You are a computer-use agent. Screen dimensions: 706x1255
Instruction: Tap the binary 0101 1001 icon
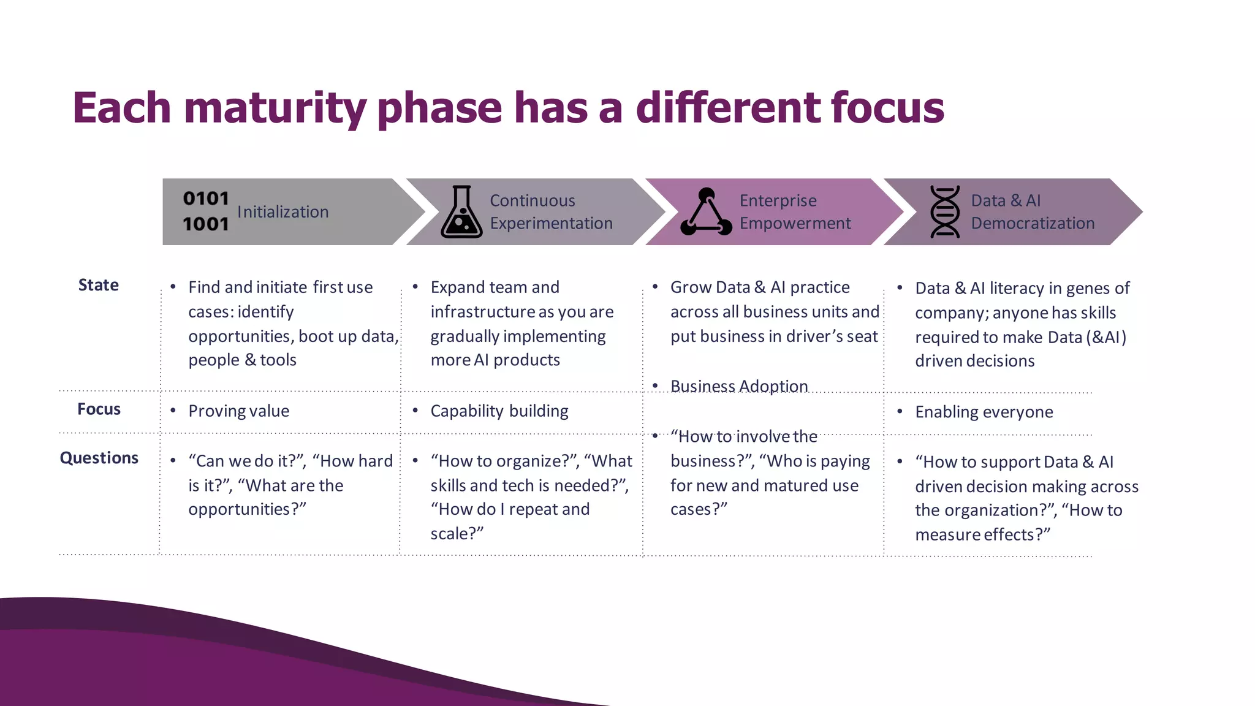tap(206, 211)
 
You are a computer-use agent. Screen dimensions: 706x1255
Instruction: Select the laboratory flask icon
tap(461, 212)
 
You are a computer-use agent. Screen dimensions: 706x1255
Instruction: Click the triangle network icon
tap(706, 212)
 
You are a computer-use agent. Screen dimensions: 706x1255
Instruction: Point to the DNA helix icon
tap(944, 212)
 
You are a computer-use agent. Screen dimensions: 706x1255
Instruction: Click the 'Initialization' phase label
tap(282, 212)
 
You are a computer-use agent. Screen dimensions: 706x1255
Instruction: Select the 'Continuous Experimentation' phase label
tap(550, 212)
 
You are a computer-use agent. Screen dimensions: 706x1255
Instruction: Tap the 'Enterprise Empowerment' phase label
tap(795, 212)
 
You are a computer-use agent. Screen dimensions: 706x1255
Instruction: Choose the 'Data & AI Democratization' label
tap(1033, 212)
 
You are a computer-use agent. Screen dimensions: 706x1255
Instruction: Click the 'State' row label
tap(98, 285)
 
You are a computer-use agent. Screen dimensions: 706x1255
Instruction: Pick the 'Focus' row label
tap(99, 409)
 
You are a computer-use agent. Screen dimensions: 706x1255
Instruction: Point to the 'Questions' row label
tap(99, 458)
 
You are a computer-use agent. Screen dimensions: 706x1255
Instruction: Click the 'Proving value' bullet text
tap(238, 411)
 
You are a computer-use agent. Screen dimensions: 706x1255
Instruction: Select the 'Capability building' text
tap(499, 411)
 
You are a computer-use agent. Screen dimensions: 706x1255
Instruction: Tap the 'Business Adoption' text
tap(738, 386)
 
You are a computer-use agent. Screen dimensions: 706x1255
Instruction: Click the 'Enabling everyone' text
tap(984, 412)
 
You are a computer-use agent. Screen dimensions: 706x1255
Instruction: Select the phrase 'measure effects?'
tap(982, 534)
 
